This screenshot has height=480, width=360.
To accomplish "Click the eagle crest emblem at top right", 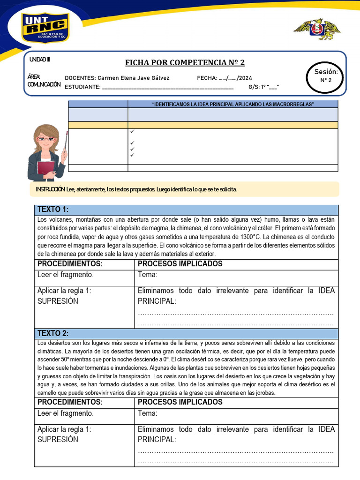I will click(x=317, y=29).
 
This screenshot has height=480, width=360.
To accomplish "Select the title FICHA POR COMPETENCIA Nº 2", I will click(x=185, y=63).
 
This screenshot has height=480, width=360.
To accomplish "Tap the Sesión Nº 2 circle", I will click(x=326, y=76).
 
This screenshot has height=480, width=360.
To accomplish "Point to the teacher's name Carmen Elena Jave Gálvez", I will click(x=134, y=78).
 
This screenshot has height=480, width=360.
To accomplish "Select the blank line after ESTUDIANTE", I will click(x=167, y=87).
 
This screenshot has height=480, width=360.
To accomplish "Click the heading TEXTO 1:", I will click(x=53, y=210).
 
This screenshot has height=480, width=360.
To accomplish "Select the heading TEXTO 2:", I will click(x=53, y=333).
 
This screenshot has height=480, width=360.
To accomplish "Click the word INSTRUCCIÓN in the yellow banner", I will click(x=50, y=189).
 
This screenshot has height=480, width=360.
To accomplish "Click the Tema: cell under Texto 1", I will click(x=148, y=275).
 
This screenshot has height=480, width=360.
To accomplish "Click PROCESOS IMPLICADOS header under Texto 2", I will click(x=180, y=402).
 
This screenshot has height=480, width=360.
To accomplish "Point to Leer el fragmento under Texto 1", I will click(x=66, y=275).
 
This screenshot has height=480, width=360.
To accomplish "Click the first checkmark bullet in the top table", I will click(x=133, y=132).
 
